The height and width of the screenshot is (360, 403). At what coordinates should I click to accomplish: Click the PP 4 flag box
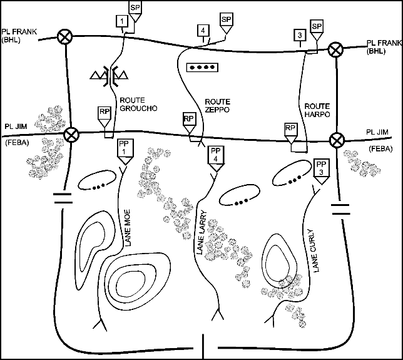point(216,154)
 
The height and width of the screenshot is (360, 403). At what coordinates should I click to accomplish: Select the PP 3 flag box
point(322,167)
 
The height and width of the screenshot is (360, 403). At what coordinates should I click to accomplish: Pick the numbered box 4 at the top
point(202,31)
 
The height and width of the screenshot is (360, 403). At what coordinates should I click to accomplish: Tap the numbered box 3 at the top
point(301,34)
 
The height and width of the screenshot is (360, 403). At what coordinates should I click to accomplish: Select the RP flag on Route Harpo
point(290,128)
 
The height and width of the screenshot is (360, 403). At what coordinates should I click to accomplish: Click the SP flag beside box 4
point(226,19)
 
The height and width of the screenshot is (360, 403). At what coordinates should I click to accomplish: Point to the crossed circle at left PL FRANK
point(64,37)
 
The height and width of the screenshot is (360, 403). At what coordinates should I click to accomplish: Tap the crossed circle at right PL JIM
point(338,138)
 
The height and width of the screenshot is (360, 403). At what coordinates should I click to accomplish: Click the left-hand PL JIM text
point(16,125)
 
